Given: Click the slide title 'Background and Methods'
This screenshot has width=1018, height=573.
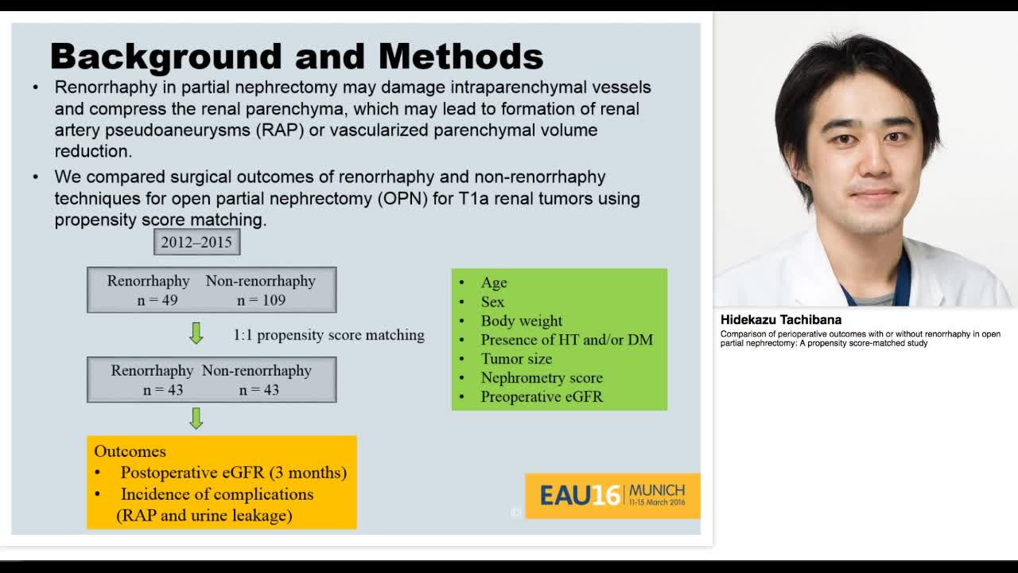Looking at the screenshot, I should coord(296,57).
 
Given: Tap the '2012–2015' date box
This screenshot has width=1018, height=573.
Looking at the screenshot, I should coord(196,242).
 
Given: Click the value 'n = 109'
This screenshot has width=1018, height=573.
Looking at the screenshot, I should coord(261,300).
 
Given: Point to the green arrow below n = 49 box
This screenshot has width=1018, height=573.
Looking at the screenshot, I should coord(196,333).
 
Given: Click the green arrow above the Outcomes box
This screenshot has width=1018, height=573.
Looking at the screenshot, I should coord(196,418).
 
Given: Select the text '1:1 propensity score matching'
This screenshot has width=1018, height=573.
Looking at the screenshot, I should coord(328,335).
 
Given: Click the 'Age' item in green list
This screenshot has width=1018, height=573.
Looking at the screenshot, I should coord(493,283).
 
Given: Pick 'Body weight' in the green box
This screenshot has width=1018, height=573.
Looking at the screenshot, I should coord(521,321).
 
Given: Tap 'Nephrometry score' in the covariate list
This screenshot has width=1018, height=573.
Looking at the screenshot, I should coord(541,378).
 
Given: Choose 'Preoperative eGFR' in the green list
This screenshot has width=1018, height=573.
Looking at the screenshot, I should coord(541,397).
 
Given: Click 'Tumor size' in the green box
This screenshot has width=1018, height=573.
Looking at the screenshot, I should coord(515,359).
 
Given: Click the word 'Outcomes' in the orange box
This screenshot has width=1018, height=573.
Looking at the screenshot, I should coord(130,451).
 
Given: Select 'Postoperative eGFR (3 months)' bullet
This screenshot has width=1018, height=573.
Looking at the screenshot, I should coord(233,473).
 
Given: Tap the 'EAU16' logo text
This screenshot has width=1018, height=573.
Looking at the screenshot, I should coord(579,496).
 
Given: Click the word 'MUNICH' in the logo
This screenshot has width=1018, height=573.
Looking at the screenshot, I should coord(656,490).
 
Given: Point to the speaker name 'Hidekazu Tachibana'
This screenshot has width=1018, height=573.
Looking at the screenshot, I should coord(780,320).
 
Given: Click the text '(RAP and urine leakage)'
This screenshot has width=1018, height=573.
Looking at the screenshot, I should coord(204,516).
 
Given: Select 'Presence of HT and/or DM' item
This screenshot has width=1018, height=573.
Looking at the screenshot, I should coord(566,340).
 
